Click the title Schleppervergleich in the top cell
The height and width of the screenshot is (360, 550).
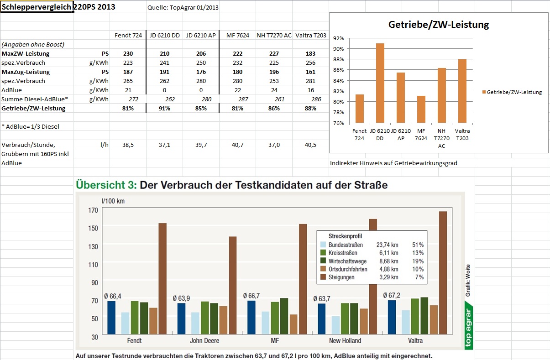pyautogui.click(x=37, y=8)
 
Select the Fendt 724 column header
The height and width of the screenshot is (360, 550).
pyautogui.click(x=128, y=35)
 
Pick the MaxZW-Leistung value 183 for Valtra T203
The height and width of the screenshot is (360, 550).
pyautogui.click(x=311, y=53)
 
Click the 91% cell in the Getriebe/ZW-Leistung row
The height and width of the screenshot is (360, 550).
pyautogui.click(x=164, y=108)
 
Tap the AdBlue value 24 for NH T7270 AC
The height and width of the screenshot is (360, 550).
pyautogui.click(x=274, y=90)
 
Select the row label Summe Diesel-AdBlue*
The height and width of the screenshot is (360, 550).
pyautogui.click(x=35, y=99)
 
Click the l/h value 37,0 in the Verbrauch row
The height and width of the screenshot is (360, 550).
pyautogui.click(x=274, y=145)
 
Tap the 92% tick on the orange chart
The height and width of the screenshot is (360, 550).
pyautogui.click(x=339, y=38)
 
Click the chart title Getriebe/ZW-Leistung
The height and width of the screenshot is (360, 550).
pyautogui.click(x=438, y=25)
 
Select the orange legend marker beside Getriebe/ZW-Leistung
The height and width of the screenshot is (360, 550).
pyautogui.click(x=484, y=92)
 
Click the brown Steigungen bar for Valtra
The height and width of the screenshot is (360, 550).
pyautogui.click(x=442, y=274)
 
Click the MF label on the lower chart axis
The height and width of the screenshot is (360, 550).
pyautogui.click(x=276, y=341)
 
